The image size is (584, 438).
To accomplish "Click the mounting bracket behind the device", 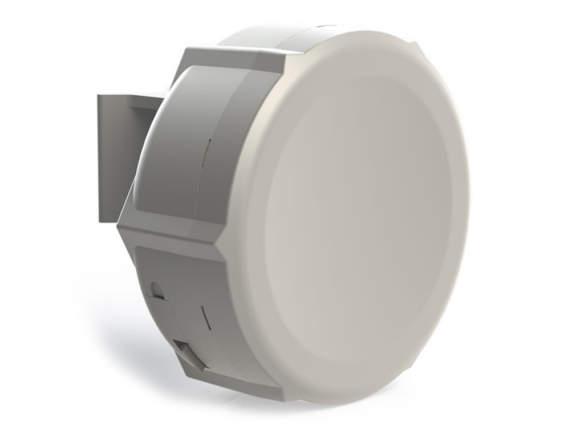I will [x=114, y=160].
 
